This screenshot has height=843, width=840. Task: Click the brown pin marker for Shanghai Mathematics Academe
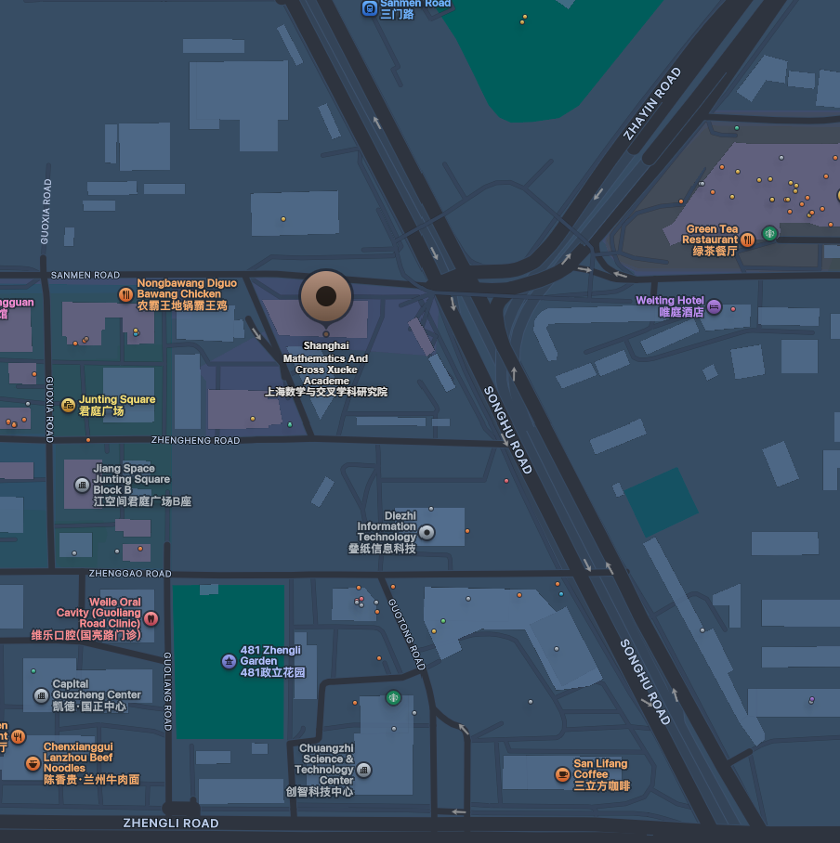tap(326, 297)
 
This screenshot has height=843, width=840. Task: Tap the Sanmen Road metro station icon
tap(369, 8)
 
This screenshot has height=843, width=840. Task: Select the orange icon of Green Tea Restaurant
tap(747, 239)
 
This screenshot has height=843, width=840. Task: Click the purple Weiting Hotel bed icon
tap(714, 306)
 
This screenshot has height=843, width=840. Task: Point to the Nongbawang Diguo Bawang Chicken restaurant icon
tap(125, 294)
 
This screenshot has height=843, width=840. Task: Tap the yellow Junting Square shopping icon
tap(68, 405)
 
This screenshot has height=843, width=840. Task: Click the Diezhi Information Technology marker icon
tap(427, 532)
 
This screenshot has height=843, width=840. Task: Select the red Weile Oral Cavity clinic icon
tap(151, 618)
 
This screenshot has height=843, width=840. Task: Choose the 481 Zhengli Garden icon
tap(229, 661)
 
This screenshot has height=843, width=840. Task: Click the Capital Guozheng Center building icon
tap(41, 695)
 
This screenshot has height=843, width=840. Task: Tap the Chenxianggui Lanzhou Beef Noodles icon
tap(33, 763)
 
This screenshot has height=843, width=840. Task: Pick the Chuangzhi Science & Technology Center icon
tap(364, 770)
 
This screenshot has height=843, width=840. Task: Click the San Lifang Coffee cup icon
tap(561, 774)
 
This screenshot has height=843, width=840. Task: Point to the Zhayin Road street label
tap(652, 103)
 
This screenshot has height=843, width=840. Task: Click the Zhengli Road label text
tap(171, 824)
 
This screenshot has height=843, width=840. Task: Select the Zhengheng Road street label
tap(195, 440)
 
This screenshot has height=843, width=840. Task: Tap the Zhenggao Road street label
tap(130, 574)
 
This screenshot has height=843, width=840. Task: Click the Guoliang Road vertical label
tap(168, 691)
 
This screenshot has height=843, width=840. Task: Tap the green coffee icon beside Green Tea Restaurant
tap(769, 233)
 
